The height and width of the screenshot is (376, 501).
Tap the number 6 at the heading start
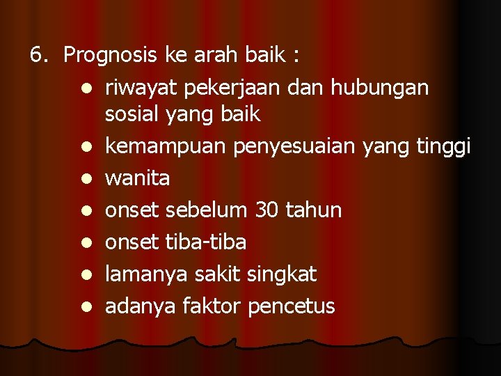(38, 55)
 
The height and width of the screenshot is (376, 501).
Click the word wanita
(137, 178)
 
